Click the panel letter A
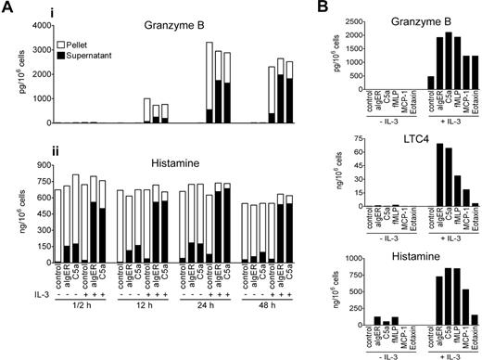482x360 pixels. click(x=6, y=7)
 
